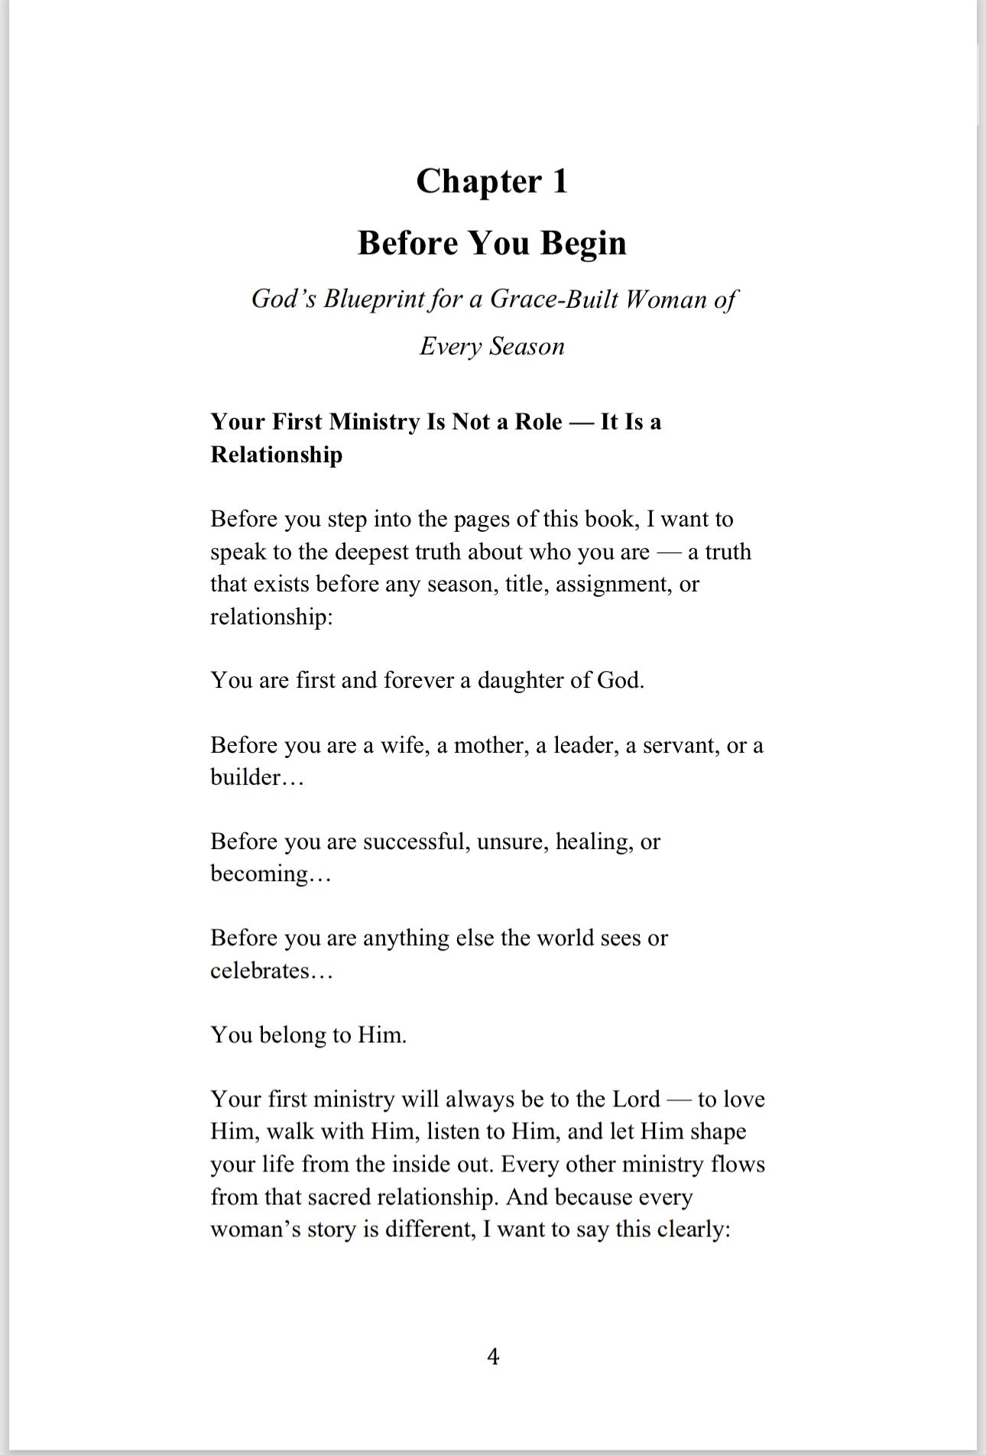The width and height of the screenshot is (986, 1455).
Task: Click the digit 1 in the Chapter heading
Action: point(559,182)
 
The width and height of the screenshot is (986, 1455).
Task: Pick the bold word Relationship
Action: point(276,455)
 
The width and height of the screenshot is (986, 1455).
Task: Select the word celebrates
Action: point(260,971)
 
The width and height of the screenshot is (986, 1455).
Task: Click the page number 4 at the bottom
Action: point(493,1356)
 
